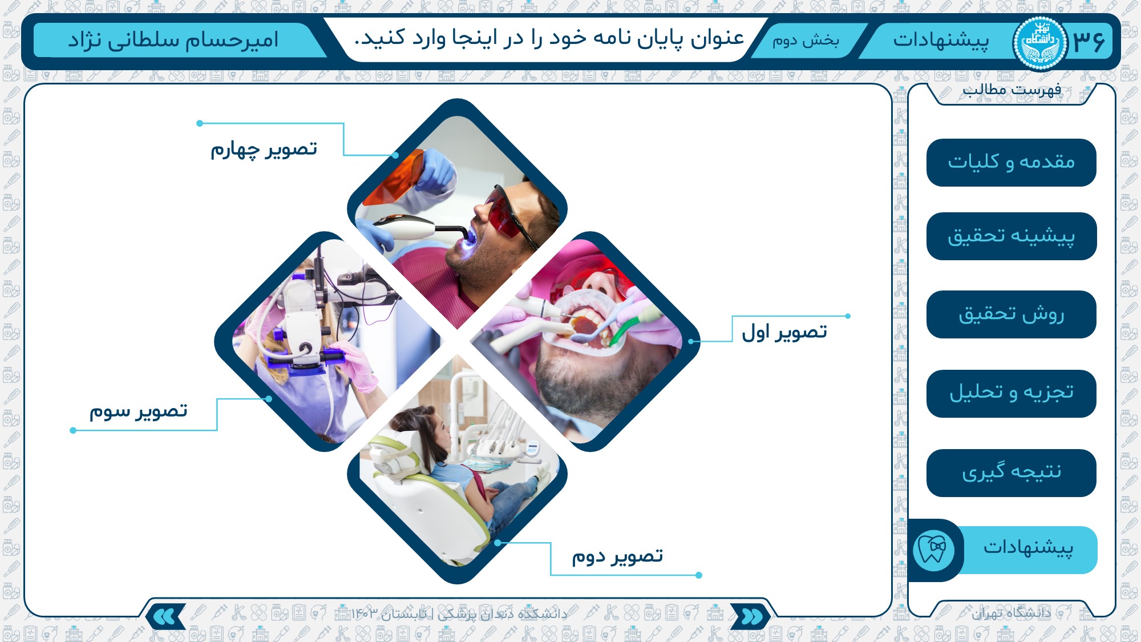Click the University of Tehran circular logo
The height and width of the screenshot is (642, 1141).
click(1039, 43)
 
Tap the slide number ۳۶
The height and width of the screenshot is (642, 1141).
click(1089, 42)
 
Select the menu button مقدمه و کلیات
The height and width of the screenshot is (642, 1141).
click(1011, 163)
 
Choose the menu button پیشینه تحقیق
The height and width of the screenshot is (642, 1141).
click(1011, 236)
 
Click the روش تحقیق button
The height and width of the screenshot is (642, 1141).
click(1011, 314)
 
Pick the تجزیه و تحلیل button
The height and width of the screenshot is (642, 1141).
click(1011, 394)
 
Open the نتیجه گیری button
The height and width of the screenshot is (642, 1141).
click(1011, 473)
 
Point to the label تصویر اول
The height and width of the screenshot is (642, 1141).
click(784, 332)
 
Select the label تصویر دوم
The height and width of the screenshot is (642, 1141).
click(617, 556)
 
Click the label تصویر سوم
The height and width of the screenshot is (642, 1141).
click(138, 411)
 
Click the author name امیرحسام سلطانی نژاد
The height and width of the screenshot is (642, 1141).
click(173, 40)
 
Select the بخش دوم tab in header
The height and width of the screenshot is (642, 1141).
click(806, 41)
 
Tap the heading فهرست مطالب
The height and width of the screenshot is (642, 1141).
click(1011, 90)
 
